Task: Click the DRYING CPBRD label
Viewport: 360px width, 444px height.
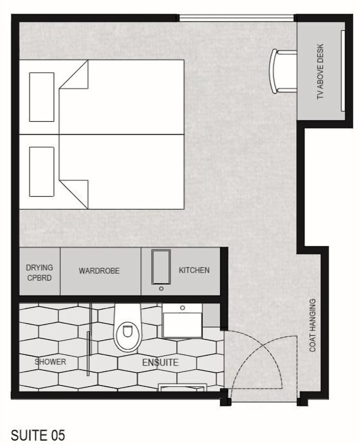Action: pyautogui.click(x=40, y=273)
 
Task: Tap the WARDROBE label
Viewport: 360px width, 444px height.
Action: pyautogui.click(x=99, y=271)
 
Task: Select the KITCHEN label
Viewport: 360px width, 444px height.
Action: pyautogui.click(x=194, y=270)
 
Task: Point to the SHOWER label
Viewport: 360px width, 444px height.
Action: pyautogui.click(x=50, y=361)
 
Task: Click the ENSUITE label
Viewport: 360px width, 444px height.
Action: pyautogui.click(x=160, y=362)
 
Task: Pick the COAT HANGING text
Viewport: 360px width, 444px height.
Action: pyautogui.click(x=313, y=325)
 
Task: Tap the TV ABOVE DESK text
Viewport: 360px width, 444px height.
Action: pyautogui.click(x=320, y=71)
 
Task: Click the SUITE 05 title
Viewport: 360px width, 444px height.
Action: pyautogui.click(x=38, y=435)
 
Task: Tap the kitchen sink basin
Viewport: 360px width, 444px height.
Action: pyautogui.click(x=161, y=266)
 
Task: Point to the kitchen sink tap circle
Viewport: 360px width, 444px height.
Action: pyautogui.click(x=161, y=289)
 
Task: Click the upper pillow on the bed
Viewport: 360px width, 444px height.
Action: pyautogui.click(x=42, y=97)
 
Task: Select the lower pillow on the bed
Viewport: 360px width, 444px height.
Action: pyautogui.click(x=42, y=171)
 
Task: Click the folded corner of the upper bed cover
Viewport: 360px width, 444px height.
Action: pyautogui.click(x=74, y=74)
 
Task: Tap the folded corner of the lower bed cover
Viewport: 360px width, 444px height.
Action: pyautogui.click(x=74, y=194)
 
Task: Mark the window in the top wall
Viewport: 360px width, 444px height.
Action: pyautogui.click(x=237, y=18)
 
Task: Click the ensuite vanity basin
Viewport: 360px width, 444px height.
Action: pyautogui.click(x=182, y=321)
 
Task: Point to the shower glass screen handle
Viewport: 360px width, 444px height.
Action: pyautogui.click(x=88, y=353)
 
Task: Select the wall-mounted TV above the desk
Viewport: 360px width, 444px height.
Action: pyautogui.click(x=343, y=71)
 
